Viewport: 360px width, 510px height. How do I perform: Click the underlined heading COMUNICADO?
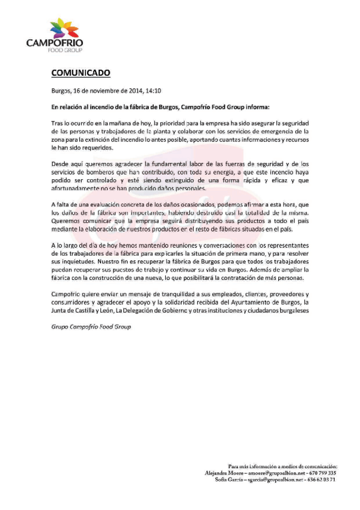80,73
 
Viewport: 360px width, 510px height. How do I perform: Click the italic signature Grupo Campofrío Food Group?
90,327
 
